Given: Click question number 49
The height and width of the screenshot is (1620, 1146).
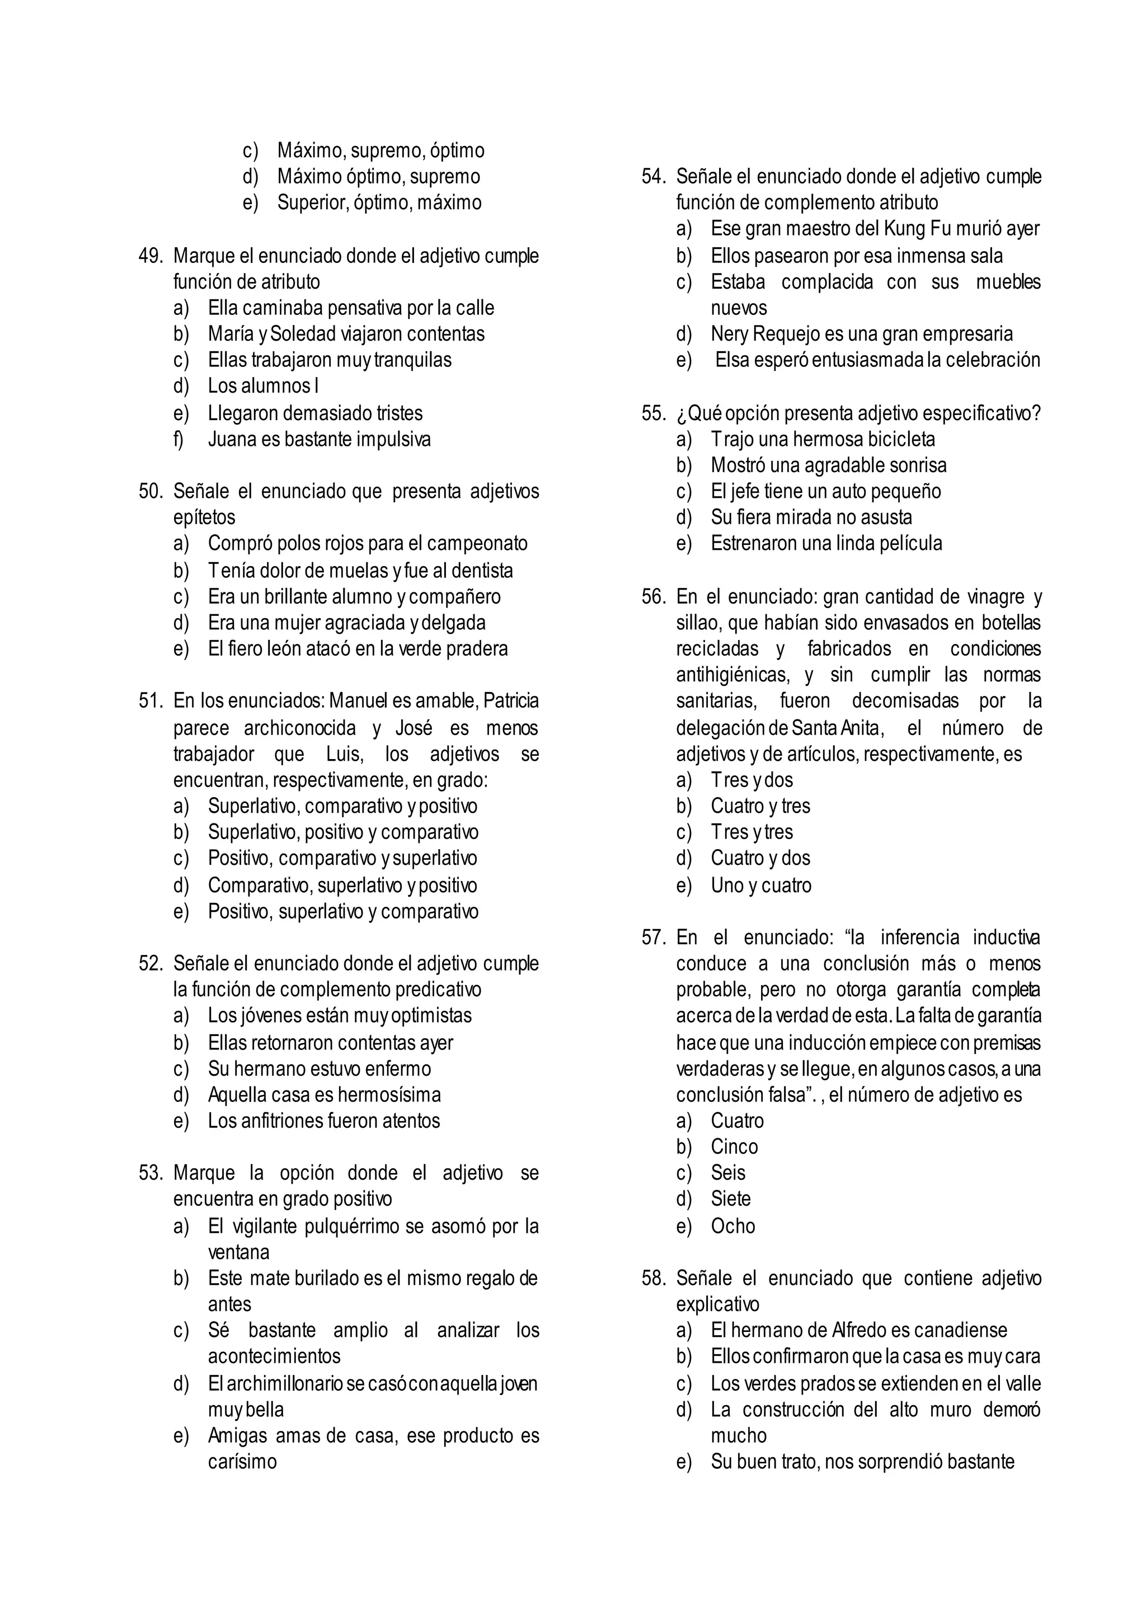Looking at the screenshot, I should tap(151, 256).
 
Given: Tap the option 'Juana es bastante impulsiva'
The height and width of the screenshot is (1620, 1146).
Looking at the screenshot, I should tap(319, 439).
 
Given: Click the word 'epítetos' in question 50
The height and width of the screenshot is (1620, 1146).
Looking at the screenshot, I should tap(204, 517).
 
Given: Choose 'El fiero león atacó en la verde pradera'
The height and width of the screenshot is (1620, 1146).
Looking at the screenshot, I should tap(357, 648).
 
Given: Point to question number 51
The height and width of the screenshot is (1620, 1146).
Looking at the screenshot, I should tap(151, 700).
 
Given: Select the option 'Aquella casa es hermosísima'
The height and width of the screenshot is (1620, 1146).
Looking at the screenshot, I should tap(324, 1094).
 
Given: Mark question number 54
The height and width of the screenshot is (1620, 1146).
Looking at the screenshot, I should tap(654, 176).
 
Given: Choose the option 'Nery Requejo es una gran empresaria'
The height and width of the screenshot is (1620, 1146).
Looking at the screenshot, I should tap(861, 334).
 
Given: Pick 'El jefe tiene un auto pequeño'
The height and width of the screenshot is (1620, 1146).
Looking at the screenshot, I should tap(825, 491).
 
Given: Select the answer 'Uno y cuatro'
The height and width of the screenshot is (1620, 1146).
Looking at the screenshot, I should tap(760, 885).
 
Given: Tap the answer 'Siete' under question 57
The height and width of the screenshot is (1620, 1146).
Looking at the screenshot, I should tap(730, 1199).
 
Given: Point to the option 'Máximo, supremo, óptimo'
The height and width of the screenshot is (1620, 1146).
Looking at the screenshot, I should tap(381, 150).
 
